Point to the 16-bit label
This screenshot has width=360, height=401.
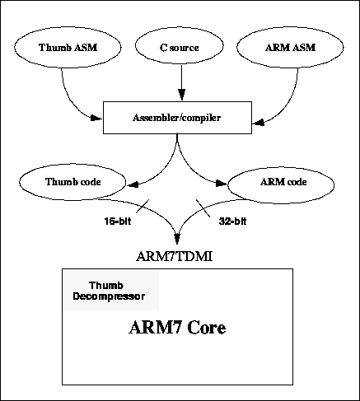[118, 221]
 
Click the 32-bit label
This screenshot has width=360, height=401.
[232, 221]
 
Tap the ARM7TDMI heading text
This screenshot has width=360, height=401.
[175, 257]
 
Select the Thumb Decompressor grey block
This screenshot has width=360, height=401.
[111, 290]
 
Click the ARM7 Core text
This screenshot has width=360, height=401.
[177, 328]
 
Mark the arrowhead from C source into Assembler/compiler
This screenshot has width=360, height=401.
[181, 95]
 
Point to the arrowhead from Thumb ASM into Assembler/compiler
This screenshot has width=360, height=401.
[96, 118]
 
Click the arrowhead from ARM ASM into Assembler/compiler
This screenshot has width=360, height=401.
[258, 123]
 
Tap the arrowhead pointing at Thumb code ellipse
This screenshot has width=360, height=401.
[133, 185]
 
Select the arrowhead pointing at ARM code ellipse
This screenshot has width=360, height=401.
[222, 184]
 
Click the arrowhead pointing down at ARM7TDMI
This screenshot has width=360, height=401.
[177, 239]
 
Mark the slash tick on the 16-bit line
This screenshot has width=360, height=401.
[143, 206]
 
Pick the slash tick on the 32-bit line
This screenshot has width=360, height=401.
[203, 208]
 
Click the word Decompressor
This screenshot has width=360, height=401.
[109, 296]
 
